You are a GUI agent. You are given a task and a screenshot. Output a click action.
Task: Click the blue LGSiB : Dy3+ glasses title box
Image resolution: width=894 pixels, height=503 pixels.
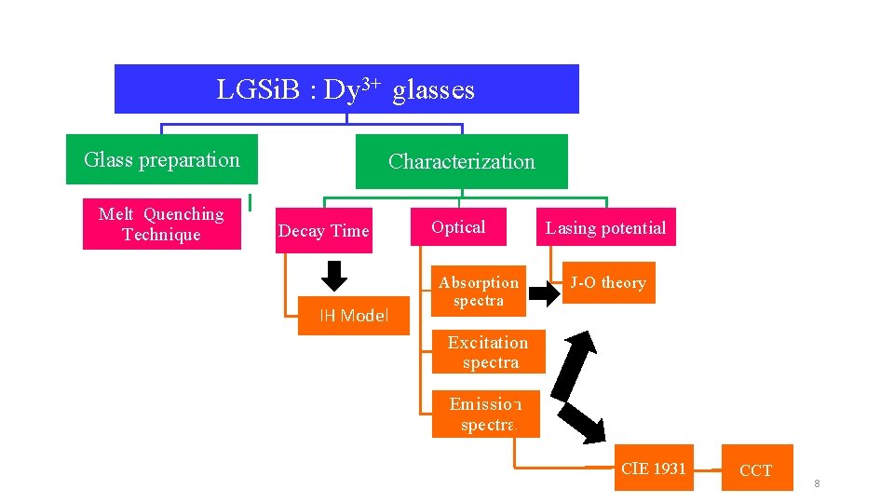click(x=345, y=89)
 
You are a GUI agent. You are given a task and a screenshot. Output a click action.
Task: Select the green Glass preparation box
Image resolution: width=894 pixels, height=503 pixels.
click(x=161, y=160)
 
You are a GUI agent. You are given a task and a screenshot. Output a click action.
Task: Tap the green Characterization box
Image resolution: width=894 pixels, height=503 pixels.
click(x=461, y=162)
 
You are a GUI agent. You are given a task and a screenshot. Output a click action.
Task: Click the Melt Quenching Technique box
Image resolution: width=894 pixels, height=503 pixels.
click(x=161, y=224)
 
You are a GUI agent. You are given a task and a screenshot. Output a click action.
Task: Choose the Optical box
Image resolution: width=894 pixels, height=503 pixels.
click(x=458, y=227)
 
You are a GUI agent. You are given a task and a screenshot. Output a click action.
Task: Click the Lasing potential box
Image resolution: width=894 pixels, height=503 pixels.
click(x=605, y=228)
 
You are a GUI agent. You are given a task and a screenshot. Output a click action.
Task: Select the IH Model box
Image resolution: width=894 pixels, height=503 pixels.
click(x=353, y=316)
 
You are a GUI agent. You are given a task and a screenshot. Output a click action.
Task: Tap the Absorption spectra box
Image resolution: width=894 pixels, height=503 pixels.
click(x=479, y=292)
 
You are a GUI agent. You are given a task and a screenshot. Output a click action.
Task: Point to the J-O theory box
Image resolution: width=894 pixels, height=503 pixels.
click(x=608, y=283)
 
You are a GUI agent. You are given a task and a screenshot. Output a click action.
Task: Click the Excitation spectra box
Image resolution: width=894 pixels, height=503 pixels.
click(x=488, y=352)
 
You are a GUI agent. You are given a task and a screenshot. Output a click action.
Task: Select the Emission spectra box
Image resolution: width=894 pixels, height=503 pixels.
click(x=485, y=415)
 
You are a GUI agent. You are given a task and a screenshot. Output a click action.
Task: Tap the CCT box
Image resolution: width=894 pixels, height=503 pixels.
click(x=755, y=470)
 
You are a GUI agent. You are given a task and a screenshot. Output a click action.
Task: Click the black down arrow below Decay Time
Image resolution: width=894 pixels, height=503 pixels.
click(x=333, y=275)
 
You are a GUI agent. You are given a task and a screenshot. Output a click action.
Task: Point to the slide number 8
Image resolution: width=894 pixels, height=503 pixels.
click(x=817, y=483)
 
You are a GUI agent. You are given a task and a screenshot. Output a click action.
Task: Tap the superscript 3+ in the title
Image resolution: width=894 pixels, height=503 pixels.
click(x=371, y=84)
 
